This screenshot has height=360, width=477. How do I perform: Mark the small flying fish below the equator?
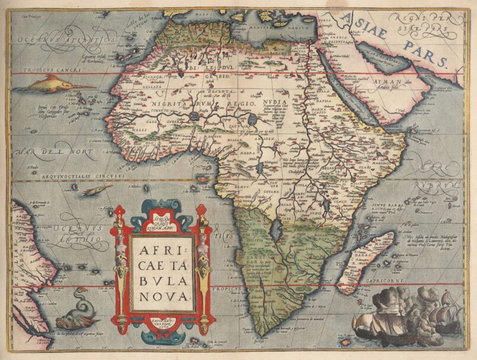pyautogui.click(x=96, y=190)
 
